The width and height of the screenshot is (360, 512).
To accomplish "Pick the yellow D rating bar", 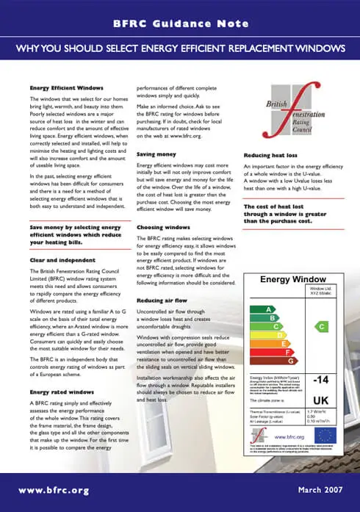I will pos(264,335).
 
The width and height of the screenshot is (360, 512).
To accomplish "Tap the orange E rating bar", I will pos(267,344).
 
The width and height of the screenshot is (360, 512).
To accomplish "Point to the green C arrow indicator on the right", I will pos(320,325).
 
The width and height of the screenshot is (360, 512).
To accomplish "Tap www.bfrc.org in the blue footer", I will pos(54,490).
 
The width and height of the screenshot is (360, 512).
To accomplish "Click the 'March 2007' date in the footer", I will pos(320,490).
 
